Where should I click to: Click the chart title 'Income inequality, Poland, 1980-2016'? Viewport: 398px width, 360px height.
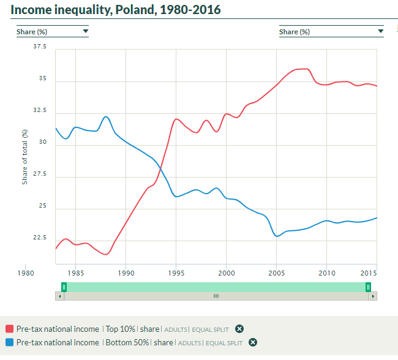pyautogui.click(x=116, y=10)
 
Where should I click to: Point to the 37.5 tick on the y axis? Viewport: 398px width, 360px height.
pyautogui.click(x=39, y=47)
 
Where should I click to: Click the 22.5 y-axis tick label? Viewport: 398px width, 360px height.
pyautogui.click(x=39, y=238)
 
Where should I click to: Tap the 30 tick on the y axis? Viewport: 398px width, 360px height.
pyautogui.click(x=43, y=142)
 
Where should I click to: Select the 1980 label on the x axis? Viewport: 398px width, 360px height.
pyautogui.click(x=25, y=272)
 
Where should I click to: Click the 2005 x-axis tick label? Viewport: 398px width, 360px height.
pyautogui.click(x=277, y=272)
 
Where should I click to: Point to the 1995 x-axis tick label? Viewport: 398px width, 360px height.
pyautogui.click(x=176, y=272)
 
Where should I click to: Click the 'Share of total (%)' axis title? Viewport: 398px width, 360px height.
pyautogui.click(x=25, y=157)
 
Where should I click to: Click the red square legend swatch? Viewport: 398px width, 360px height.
pyautogui.click(x=9, y=329)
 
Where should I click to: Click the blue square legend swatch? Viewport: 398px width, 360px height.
pyautogui.click(x=9, y=343)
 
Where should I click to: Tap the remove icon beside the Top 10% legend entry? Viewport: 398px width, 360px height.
pyautogui.click(x=239, y=329)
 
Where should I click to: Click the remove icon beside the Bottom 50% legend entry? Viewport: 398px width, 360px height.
pyautogui.click(x=252, y=343)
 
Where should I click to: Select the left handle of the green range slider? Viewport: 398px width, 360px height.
pyautogui.click(x=64, y=287)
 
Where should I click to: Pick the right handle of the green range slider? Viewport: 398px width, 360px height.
pyautogui.click(x=368, y=287)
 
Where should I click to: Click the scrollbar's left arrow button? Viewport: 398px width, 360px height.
pyautogui.click(x=59, y=296)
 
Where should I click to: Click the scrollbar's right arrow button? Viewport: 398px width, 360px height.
pyautogui.click(x=373, y=296)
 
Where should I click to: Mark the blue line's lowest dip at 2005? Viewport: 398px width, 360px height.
pyautogui.click(x=277, y=236)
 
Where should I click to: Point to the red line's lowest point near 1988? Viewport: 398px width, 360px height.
pyautogui.click(x=106, y=254)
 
